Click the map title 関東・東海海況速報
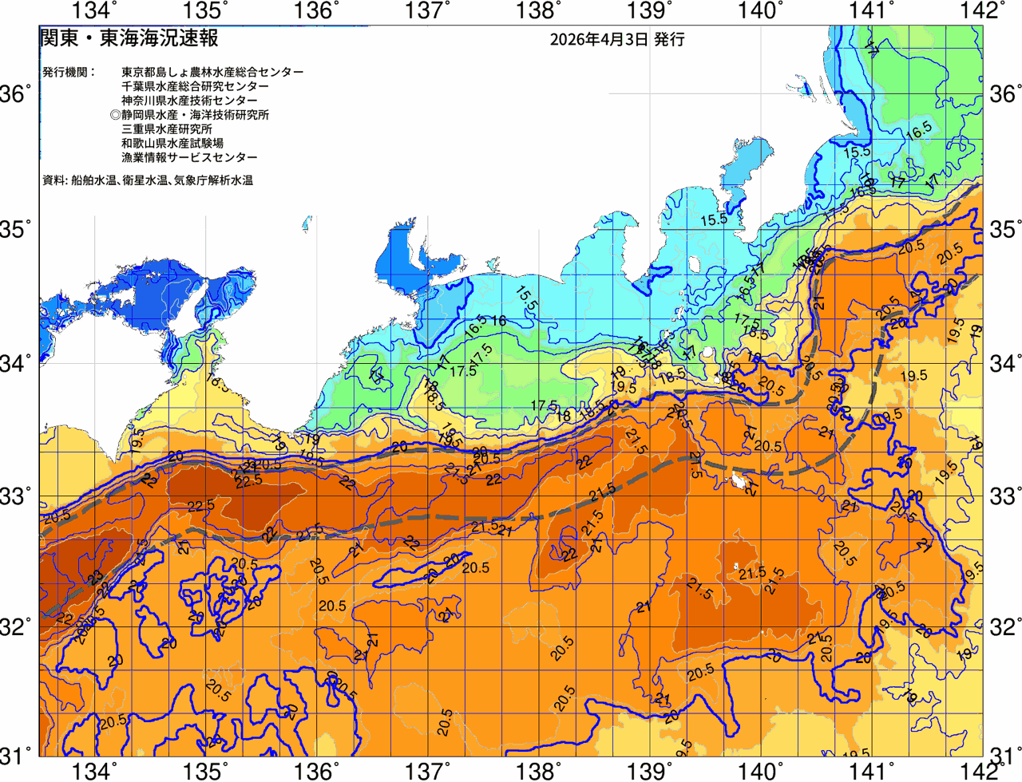(129, 38)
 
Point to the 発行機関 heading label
(69, 72)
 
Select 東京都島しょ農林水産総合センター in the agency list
(212, 72)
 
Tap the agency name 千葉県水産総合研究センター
(195, 86)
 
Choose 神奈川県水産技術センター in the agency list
(189, 101)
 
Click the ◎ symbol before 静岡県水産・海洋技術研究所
(115, 115)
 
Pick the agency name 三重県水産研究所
(167, 129)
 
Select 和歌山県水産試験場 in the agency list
(172, 144)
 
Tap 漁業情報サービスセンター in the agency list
(189, 158)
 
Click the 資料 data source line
(148, 181)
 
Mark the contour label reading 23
(95, 575)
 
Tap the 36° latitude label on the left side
(16, 95)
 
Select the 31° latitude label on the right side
(1005, 755)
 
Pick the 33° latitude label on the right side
(1005, 495)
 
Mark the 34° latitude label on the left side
(16, 363)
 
